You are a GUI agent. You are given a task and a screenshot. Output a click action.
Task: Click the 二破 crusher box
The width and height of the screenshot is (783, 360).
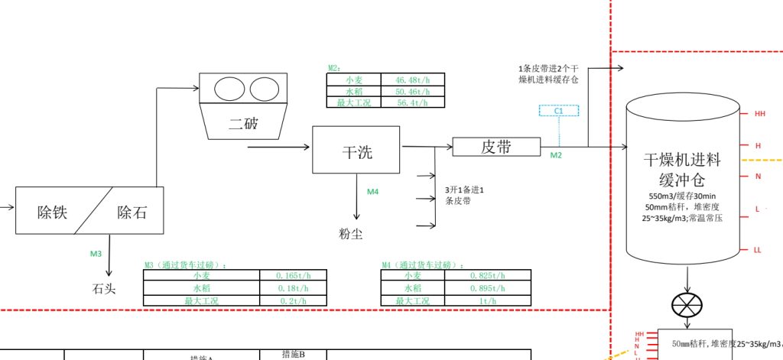[x=243, y=122]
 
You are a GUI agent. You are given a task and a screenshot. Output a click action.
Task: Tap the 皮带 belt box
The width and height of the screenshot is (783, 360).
[x=496, y=147]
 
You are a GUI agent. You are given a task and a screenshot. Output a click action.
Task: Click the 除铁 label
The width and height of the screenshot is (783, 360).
[x=52, y=212]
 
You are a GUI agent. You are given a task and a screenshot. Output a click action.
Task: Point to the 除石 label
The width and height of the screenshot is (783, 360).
[x=132, y=212]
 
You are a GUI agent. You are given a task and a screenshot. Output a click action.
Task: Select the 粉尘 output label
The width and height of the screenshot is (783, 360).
[x=351, y=233]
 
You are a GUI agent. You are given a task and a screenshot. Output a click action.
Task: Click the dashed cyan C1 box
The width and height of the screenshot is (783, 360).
[x=559, y=111]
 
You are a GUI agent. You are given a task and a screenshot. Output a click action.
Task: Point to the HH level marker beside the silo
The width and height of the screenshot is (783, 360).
[x=759, y=114]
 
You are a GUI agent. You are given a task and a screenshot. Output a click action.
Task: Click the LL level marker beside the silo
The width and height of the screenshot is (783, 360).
[x=758, y=250]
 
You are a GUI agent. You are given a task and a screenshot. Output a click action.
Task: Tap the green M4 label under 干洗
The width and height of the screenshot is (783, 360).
[x=372, y=192]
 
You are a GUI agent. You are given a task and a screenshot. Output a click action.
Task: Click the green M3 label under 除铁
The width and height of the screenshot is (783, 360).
[x=96, y=253]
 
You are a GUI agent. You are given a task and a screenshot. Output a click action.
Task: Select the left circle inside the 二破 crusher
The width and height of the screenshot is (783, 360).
[x=228, y=89]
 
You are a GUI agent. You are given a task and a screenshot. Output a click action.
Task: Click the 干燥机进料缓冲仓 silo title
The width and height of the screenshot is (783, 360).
[x=682, y=170]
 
